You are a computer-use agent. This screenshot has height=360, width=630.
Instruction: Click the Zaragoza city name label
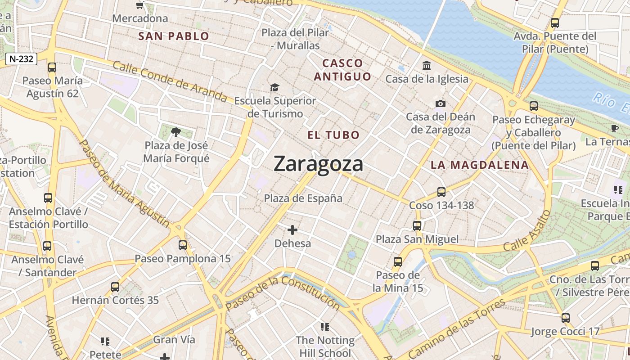[x=318, y=163]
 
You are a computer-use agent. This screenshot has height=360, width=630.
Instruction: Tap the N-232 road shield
[x=21, y=58]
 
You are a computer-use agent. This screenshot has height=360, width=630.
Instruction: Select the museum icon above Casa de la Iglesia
[x=427, y=66]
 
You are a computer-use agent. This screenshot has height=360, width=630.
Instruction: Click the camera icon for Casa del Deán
[x=441, y=104]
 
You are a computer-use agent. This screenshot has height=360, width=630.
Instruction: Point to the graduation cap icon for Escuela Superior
[x=274, y=87]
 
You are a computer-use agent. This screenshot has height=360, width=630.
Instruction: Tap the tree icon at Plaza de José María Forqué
[x=176, y=132]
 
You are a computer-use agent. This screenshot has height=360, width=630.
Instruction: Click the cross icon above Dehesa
[x=292, y=230]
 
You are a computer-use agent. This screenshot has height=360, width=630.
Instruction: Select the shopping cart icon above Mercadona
[x=140, y=5]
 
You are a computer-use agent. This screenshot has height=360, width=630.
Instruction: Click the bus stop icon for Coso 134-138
[x=441, y=192]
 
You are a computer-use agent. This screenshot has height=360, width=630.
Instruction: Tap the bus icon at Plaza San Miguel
[x=417, y=226]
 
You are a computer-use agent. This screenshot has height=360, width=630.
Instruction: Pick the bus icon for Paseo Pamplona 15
[x=183, y=245]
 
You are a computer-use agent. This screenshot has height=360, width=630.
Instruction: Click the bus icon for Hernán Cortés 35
[x=115, y=287]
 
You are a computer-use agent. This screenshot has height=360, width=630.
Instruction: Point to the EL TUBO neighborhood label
[x=333, y=135]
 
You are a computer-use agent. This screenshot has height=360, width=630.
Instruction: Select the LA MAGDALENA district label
[x=480, y=165]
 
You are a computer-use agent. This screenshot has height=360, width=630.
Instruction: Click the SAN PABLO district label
[x=174, y=36]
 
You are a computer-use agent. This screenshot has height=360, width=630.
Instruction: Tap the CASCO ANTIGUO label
[x=342, y=70]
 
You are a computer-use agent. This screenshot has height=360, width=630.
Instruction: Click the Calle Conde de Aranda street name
[x=170, y=81]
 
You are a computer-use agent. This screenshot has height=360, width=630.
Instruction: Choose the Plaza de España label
[x=303, y=198]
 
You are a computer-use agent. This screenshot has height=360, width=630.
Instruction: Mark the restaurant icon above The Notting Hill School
[x=324, y=327]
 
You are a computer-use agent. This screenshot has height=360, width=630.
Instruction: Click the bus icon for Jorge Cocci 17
[x=566, y=318]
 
